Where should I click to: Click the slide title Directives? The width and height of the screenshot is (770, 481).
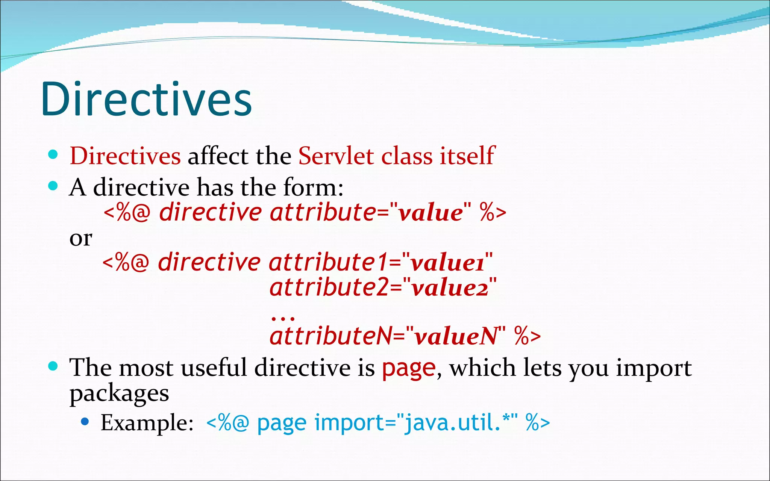[x=146, y=99]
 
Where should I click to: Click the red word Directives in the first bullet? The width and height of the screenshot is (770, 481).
[x=125, y=156]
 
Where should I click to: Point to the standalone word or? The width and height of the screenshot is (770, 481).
[x=80, y=238]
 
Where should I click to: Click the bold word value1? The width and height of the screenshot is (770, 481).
[x=447, y=263]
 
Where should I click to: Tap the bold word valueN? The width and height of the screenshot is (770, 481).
[x=456, y=336]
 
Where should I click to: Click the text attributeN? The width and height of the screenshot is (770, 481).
[x=331, y=336]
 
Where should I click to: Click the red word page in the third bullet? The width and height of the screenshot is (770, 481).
[x=409, y=368]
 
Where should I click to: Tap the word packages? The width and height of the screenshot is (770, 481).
[x=119, y=394]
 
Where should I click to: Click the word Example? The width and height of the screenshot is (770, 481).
[x=147, y=423]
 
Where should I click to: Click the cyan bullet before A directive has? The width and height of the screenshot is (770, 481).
[x=53, y=186]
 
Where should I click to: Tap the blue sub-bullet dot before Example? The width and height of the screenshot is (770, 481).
[x=85, y=422]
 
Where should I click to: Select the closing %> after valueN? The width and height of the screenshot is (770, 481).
[x=527, y=336]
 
